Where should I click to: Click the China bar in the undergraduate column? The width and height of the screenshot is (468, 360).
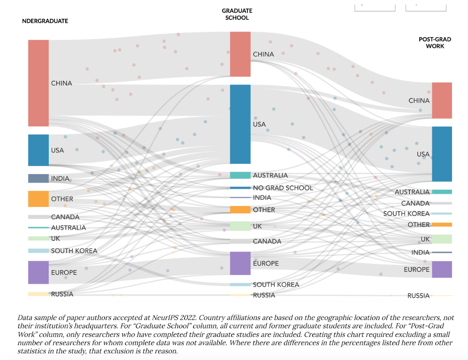click(x=38, y=83)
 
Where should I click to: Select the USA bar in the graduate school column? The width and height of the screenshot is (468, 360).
click(x=240, y=124)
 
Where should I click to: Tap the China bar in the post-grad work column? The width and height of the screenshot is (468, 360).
click(x=442, y=100)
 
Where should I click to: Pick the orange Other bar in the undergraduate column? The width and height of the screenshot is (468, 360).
click(x=38, y=199)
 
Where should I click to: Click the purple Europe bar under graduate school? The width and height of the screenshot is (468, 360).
click(x=240, y=263)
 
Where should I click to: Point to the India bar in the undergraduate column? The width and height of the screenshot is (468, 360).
click(x=38, y=179)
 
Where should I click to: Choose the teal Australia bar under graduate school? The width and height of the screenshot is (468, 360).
click(x=240, y=175)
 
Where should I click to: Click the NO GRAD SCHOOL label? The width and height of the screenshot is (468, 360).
click(x=283, y=188)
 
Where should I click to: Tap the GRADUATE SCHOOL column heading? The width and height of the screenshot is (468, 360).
click(x=237, y=14)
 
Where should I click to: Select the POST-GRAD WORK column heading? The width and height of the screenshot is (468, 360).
click(x=435, y=42)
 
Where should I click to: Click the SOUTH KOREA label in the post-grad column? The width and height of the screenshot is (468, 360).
click(x=406, y=214)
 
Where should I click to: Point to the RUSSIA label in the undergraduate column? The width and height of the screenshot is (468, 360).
click(x=62, y=294)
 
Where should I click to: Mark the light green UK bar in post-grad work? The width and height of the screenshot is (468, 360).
click(x=442, y=239)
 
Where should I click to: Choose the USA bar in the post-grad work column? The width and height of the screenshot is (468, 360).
click(x=442, y=154)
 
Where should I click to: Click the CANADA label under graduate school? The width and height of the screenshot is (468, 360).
click(x=267, y=242)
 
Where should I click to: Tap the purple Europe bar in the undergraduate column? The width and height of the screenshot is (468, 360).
click(x=38, y=273)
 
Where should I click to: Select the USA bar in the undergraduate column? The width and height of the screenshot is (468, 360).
click(x=38, y=150)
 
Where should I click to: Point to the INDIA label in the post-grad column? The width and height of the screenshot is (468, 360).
click(x=420, y=253)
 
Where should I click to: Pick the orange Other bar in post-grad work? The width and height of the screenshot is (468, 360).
click(x=442, y=225)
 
